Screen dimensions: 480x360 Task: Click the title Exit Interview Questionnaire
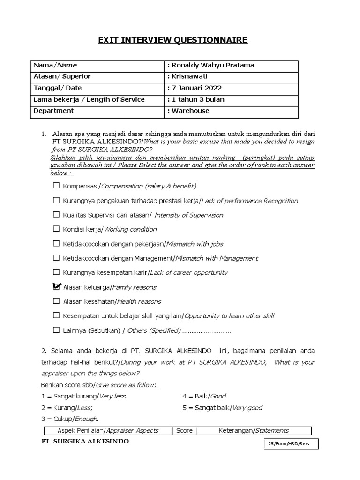tap(172, 40)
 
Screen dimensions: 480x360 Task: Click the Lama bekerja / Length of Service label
tap(89, 99)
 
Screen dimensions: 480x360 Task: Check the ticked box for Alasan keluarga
tap(57, 286)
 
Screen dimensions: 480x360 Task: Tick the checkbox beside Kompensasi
tap(56, 186)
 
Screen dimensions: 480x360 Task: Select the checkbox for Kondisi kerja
tap(56, 229)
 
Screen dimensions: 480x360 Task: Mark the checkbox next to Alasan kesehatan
tap(56, 301)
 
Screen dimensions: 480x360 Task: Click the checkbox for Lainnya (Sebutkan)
tap(56, 330)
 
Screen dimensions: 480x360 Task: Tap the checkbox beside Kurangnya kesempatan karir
tap(56, 272)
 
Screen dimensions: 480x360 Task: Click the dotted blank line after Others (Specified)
tap(206, 331)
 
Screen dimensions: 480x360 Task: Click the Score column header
tap(184, 430)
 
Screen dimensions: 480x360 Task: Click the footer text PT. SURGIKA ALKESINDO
tap(85, 442)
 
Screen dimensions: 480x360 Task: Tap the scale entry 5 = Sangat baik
tap(222, 407)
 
